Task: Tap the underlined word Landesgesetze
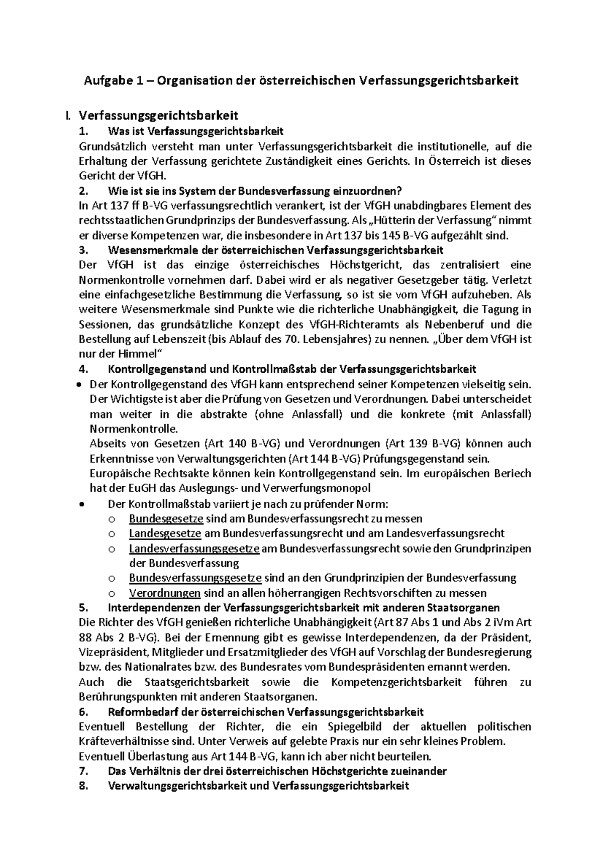click(x=165, y=533)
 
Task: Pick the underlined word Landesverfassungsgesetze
click(x=194, y=548)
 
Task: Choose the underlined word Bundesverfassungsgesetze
click(x=195, y=578)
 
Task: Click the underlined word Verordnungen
click(x=164, y=593)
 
